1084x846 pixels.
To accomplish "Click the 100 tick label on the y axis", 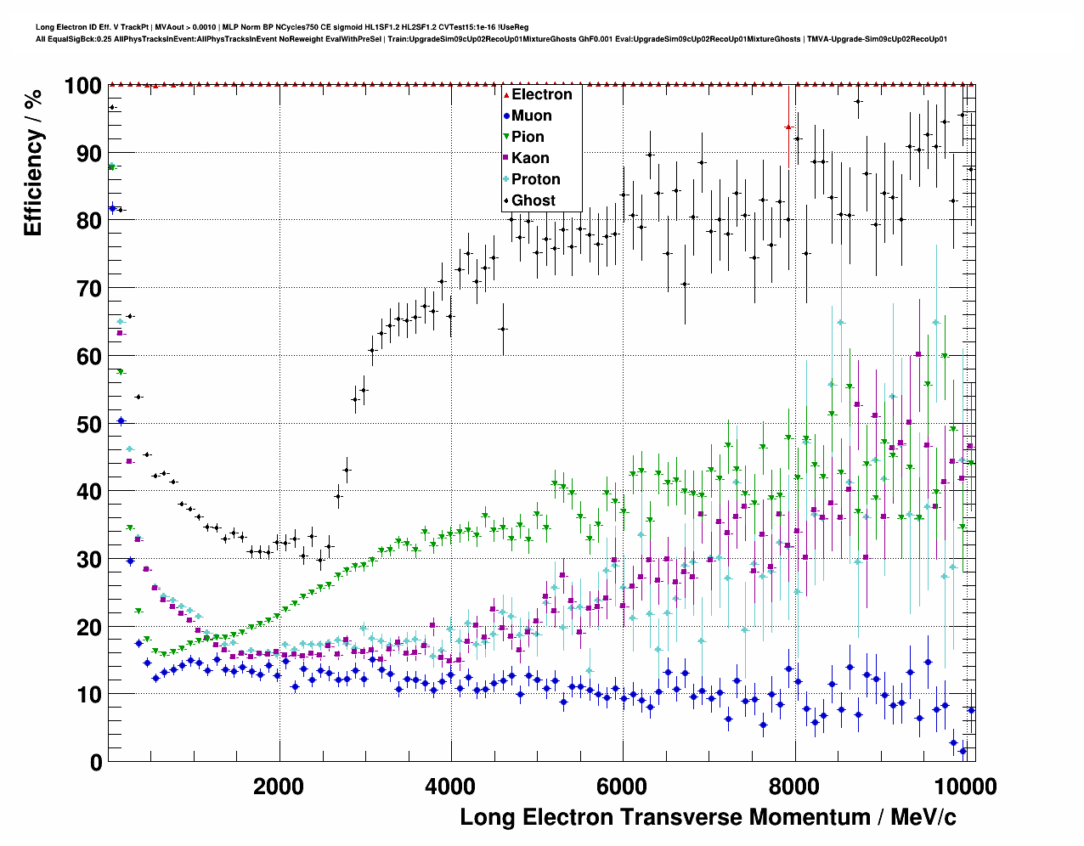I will pos(82,86).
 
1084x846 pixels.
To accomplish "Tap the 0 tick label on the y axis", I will pos(96,763).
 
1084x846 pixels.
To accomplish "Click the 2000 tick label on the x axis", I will pos(279,787).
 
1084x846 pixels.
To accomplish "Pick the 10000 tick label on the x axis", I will pos(963,787).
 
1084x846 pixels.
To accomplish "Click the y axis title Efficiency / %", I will pos(33,161).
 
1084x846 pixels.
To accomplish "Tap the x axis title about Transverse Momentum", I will pos(708,817).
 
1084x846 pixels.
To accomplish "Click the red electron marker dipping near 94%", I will pos(788,127).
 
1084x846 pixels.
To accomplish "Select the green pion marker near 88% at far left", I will pos(111,167).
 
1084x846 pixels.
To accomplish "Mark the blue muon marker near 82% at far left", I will pos(112,208).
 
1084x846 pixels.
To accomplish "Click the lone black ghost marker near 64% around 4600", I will pos(502,329).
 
